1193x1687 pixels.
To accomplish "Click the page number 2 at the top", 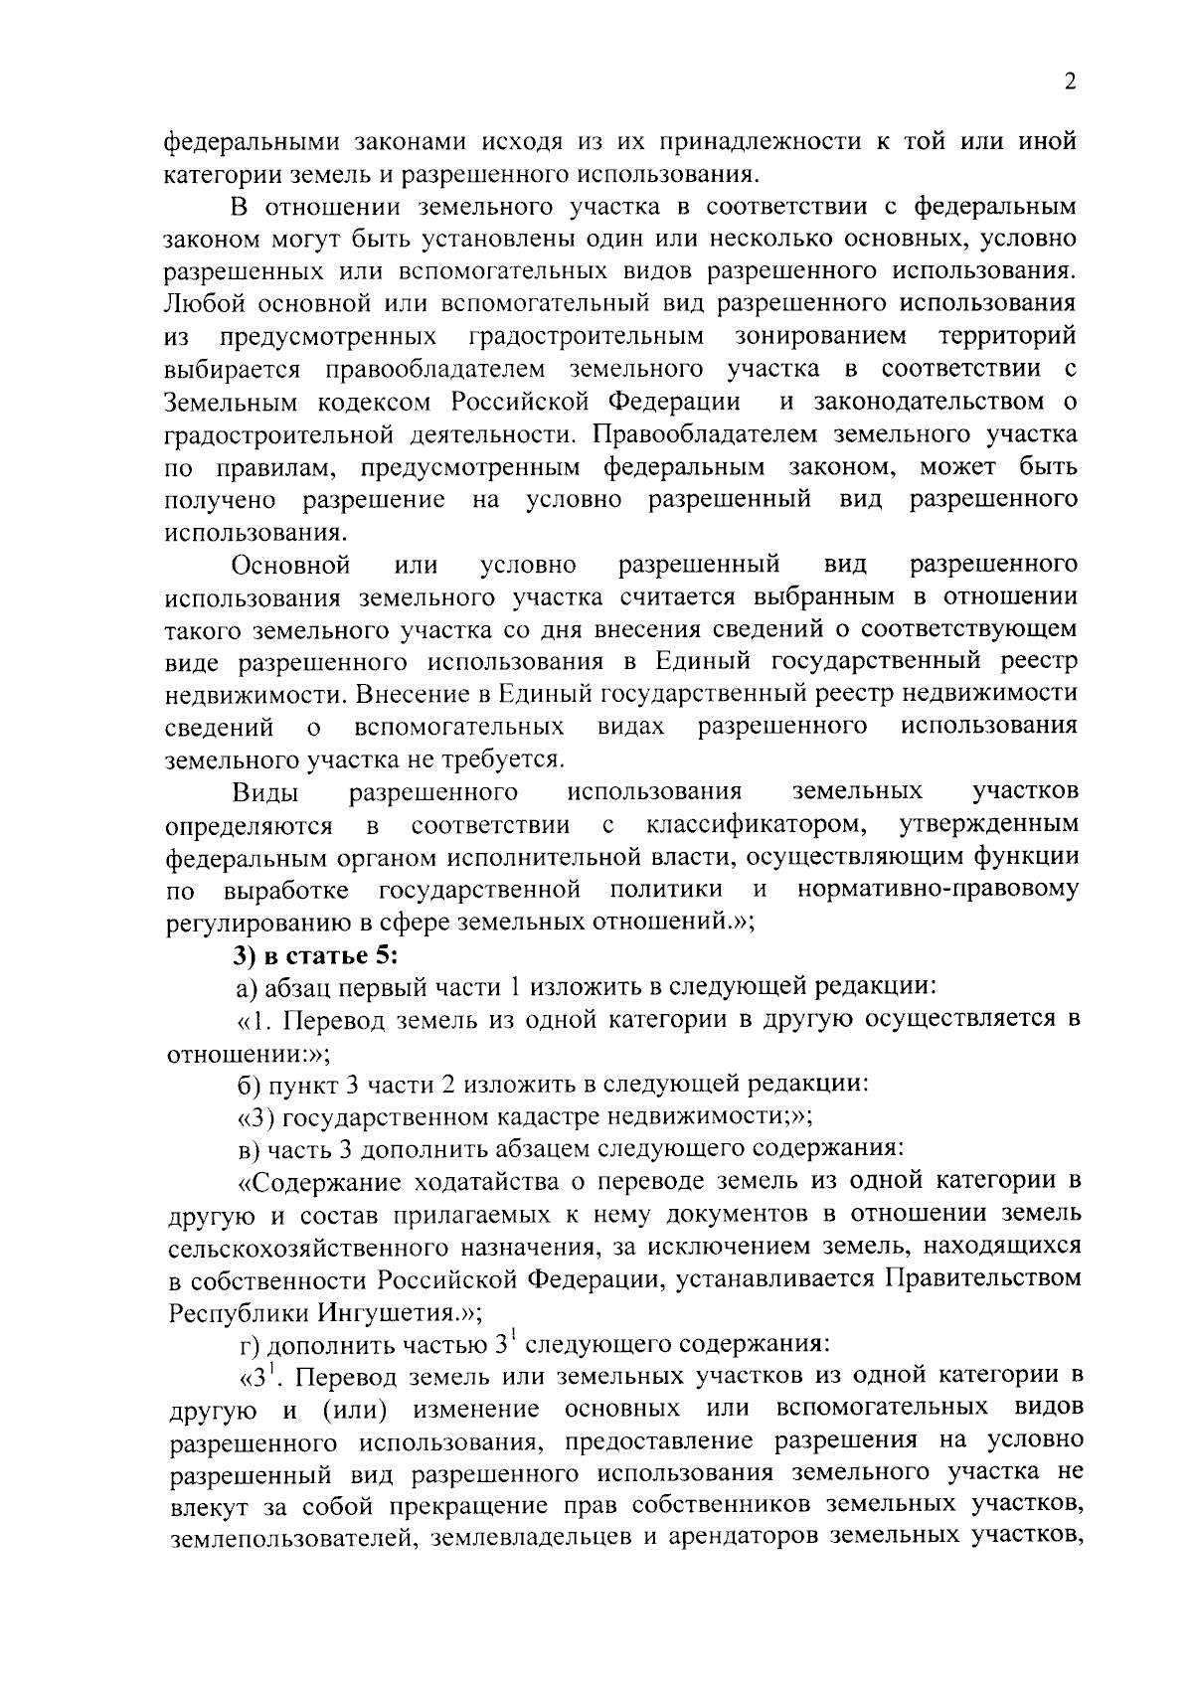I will tap(1070, 83).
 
